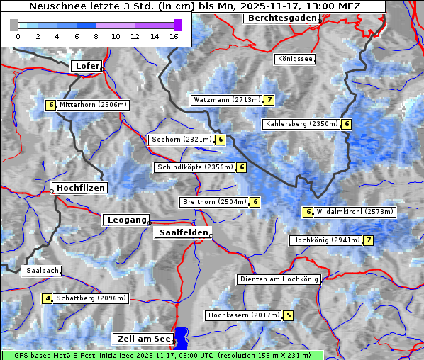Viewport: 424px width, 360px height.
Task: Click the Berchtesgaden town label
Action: point(281,18)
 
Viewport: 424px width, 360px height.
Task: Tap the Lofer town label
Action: point(87,66)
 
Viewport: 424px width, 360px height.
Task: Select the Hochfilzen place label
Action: point(81,188)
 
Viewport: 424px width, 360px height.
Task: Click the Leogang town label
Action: point(127,220)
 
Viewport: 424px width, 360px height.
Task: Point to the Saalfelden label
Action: point(182,232)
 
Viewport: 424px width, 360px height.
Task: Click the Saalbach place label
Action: point(42,271)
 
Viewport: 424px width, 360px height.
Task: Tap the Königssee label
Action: point(295,59)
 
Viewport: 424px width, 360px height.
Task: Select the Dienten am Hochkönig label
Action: point(279,279)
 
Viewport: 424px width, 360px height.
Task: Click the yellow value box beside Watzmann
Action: point(269,100)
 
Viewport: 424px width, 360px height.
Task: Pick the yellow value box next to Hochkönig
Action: point(368,240)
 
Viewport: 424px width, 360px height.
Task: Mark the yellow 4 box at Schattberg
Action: point(48,298)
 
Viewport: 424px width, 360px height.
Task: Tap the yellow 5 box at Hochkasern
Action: point(288,315)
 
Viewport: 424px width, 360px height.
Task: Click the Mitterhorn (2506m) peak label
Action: point(93,105)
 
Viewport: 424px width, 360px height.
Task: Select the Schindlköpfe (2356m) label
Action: point(194,167)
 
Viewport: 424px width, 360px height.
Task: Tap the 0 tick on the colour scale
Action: point(17,36)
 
